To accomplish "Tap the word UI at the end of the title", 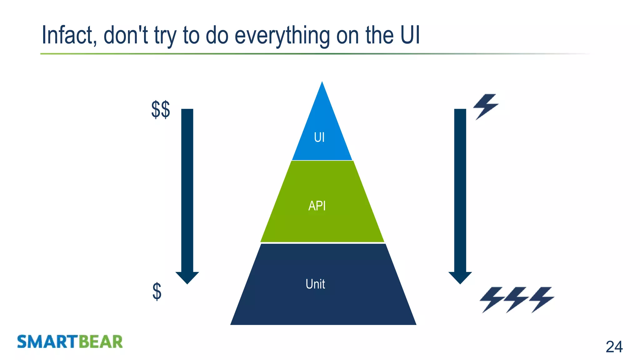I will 410,35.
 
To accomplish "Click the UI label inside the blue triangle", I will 319,137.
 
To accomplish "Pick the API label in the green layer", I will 317,206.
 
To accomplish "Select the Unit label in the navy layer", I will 315,284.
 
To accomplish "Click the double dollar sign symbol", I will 161,109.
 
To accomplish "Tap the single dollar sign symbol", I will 157,292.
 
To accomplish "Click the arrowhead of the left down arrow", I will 187,277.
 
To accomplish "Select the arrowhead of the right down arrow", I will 460,277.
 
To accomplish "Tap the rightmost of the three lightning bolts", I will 542,299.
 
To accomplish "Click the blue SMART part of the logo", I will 47,342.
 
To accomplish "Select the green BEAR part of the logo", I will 100,342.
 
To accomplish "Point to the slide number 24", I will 614,347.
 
